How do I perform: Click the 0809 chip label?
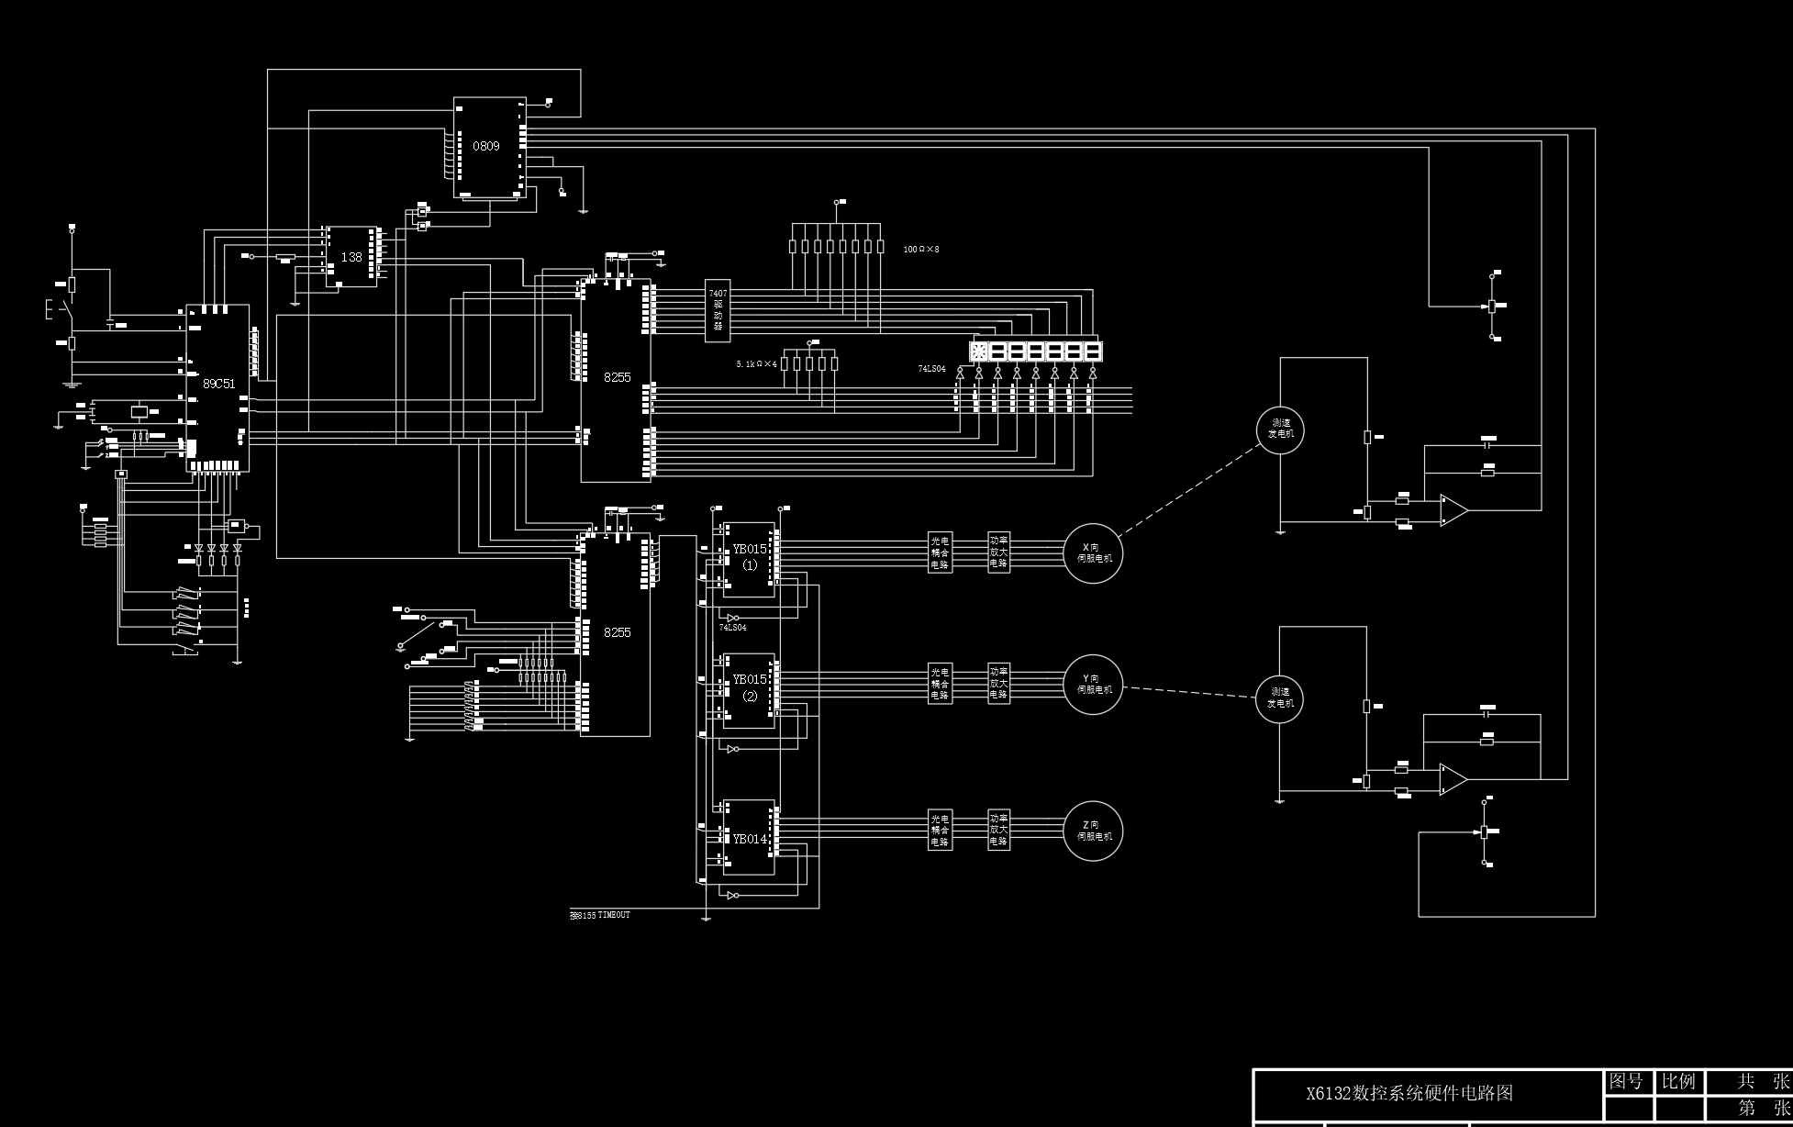point(486,147)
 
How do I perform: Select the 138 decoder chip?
point(351,257)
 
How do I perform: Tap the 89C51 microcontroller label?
point(218,384)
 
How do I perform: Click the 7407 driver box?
point(718,310)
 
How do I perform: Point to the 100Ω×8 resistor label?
point(920,250)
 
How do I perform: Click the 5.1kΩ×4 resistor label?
point(756,364)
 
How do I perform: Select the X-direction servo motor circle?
point(1093,553)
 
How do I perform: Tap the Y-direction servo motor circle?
point(1093,685)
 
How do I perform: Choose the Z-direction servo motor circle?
point(1093,831)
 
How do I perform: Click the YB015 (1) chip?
point(749,557)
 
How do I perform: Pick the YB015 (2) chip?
point(749,687)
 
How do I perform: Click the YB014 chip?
point(749,839)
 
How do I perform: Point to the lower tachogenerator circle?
point(1279,698)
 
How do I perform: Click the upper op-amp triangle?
point(1453,510)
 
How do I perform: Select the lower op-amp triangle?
point(1452,779)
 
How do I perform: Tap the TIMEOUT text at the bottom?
point(613,915)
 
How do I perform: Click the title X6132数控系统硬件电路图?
point(1409,1093)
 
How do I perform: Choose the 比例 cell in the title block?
point(1678,1081)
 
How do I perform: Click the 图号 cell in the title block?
point(1627,1081)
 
